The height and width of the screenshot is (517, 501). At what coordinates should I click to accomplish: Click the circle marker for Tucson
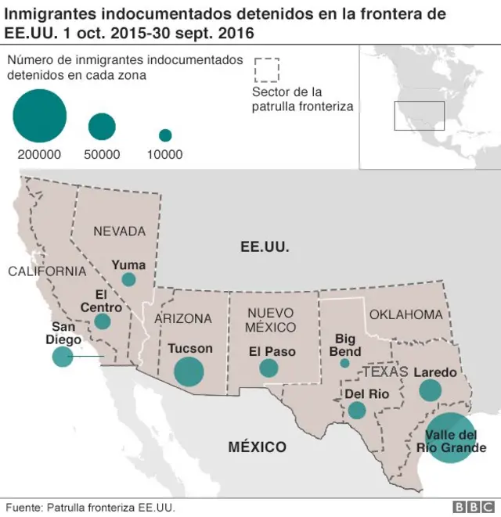coord(188,372)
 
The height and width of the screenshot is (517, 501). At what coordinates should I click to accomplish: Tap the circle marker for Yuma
coord(128,279)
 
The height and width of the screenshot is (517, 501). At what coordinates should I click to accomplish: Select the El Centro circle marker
coord(103,321)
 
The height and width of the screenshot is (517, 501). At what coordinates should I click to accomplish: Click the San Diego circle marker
coord(62,357)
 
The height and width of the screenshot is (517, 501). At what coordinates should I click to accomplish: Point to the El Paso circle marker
coord(269,368)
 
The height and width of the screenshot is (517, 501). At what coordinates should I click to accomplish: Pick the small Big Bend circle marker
coord(344,363)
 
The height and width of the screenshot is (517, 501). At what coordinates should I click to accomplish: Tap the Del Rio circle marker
coord(357,410)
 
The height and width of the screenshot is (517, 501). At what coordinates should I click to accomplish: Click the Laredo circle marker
coord(430,390)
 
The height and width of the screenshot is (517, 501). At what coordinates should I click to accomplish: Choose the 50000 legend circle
coord(102,127)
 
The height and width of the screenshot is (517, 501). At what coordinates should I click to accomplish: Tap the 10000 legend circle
coord(165,135)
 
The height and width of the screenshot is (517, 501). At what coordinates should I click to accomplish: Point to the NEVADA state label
coord(120,232)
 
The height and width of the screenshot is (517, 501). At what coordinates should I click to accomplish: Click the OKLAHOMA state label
coord(405,314)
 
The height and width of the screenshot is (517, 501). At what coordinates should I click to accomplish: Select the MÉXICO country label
coord(257,447)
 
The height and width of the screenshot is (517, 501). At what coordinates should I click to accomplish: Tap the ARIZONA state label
coord(183,318)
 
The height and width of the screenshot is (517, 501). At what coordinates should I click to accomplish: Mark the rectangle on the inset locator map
coord(419,116)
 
